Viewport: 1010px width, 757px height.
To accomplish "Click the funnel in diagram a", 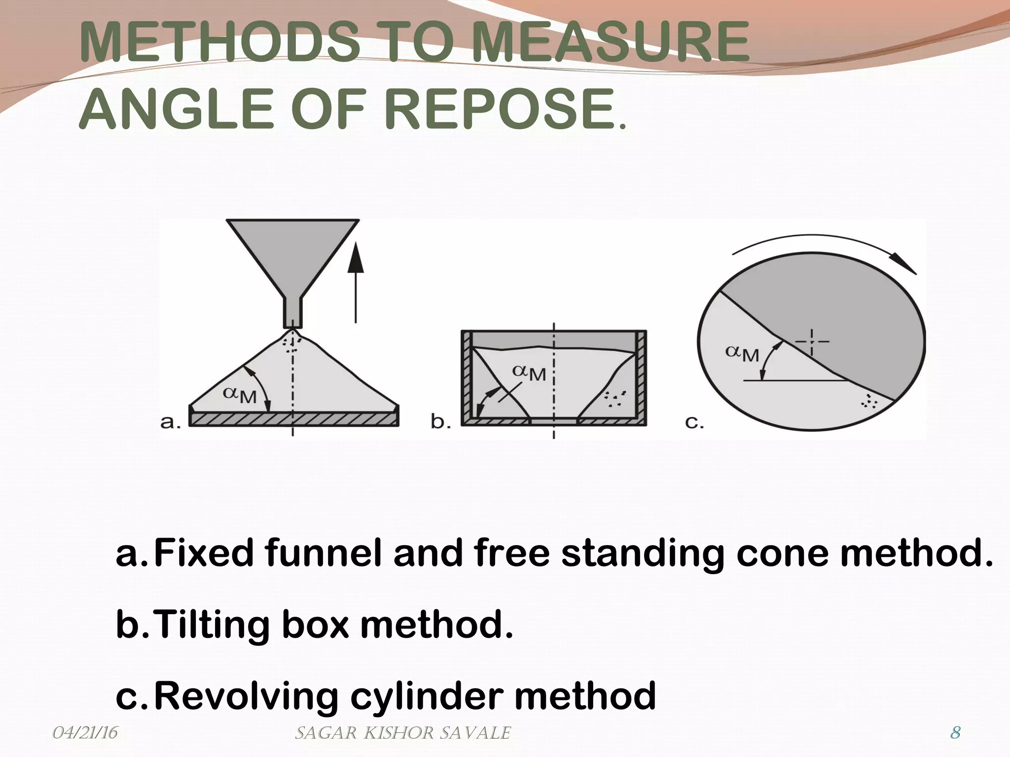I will [x=292, y=256].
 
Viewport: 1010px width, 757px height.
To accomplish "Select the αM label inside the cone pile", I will [x=240, y=394].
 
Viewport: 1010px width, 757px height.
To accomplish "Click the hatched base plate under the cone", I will [x=294, y=419].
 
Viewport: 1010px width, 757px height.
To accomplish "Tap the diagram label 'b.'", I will [x=440, y=422].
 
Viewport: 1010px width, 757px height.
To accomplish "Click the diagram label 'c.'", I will [x=694, y=422].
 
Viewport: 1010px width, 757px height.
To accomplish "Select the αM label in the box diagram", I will [x=529, y=373].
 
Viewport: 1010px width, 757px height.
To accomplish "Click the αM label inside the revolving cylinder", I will [x=742, y=353].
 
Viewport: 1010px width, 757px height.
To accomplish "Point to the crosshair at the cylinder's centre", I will [x=811, y=342].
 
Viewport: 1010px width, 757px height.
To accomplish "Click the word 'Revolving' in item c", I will [x=246, y=696].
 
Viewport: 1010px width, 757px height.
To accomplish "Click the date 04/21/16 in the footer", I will [x=85, y=733].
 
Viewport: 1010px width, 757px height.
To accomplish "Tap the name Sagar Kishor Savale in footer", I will [x=402, y=733].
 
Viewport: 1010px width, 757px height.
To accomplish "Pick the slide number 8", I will [x=955, y=733].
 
